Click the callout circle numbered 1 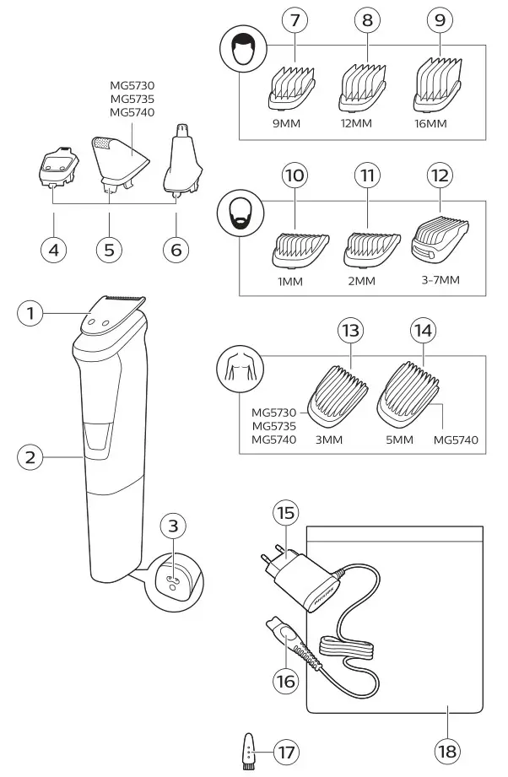(x=31, y=314)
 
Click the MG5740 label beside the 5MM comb (x=456, y=439)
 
